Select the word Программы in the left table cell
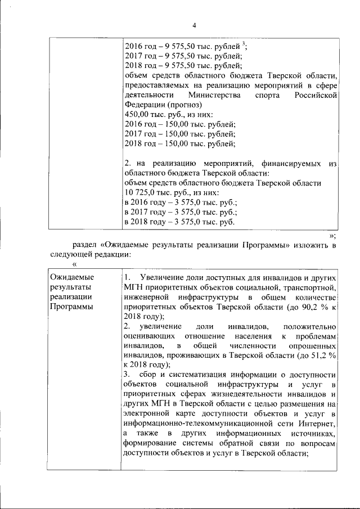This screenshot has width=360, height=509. (x=71, y=307)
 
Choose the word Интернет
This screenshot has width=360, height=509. (x=319, y=424)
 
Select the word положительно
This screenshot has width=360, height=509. (x=309, y=326)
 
